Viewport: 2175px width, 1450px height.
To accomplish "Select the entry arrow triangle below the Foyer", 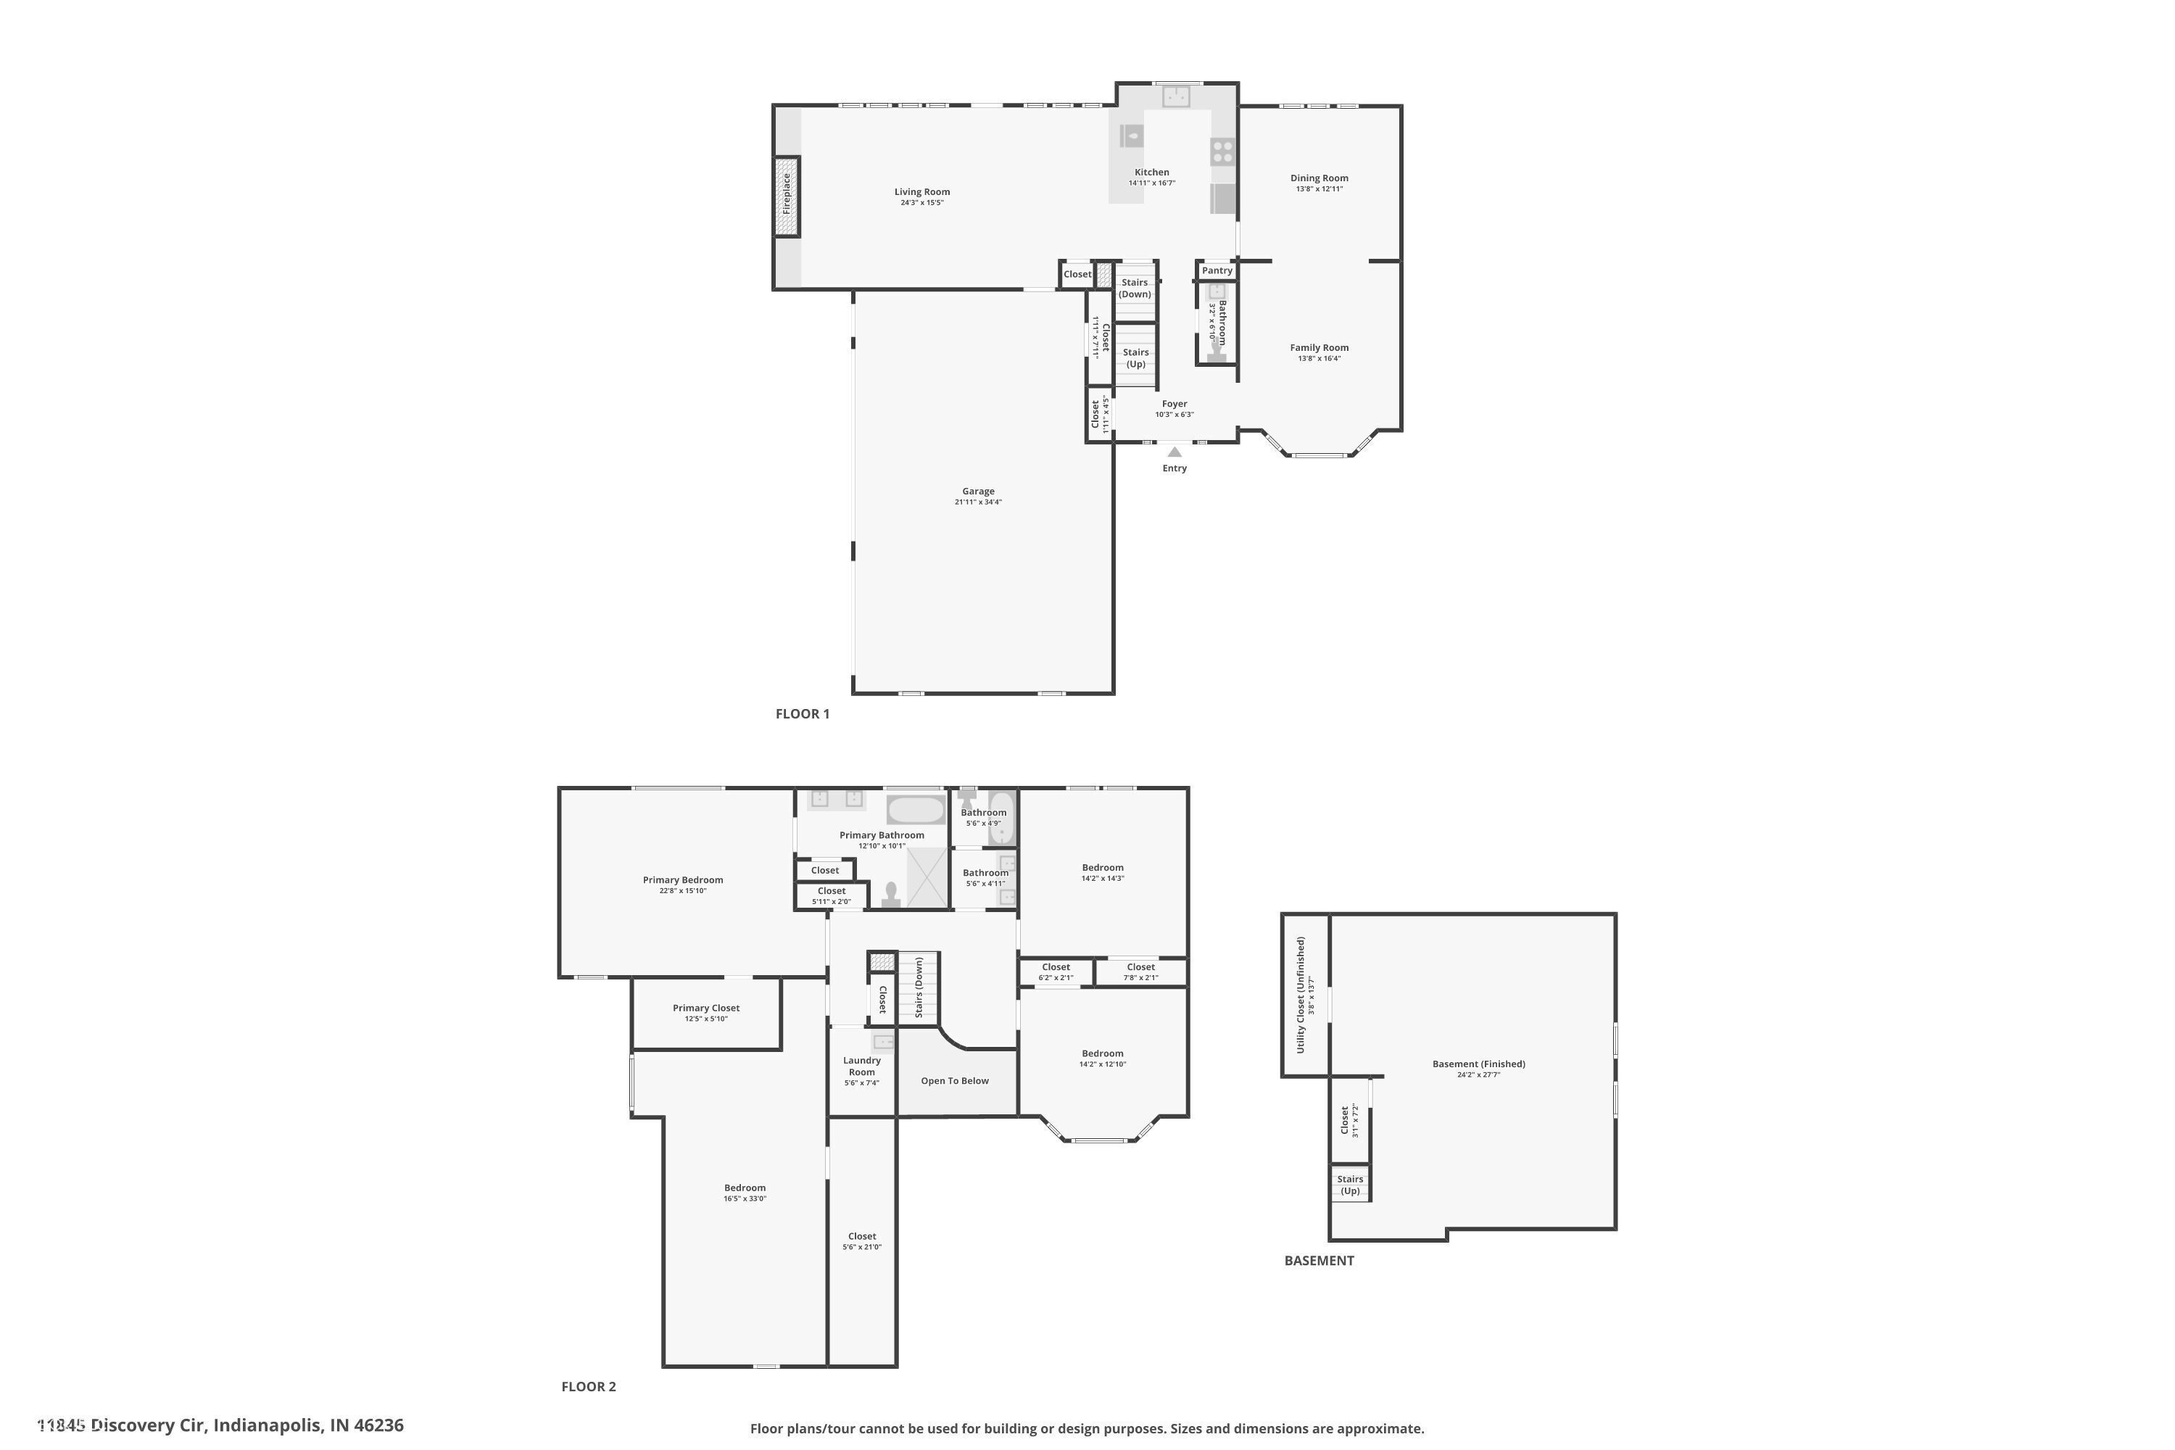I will (1174, 452).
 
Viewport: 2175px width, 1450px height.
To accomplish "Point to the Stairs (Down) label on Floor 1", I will (1135, 289).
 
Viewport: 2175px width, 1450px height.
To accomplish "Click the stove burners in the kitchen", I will (1222, 152).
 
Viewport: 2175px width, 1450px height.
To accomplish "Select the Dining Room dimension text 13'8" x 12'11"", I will (1319, 189).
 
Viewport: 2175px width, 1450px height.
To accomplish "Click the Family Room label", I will (1319, 348).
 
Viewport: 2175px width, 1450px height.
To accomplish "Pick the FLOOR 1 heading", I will (802, 714).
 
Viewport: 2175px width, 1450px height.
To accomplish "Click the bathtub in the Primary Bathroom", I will (916, 810).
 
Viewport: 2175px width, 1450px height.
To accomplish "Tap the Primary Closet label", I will (705, 1008).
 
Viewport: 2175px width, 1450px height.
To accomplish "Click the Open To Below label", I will (954, 1081).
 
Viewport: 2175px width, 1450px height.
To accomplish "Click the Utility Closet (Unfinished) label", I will (1300, 995).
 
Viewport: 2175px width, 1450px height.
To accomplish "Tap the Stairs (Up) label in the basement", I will (1349, 1185).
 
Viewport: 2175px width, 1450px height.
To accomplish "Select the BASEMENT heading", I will (1319, 1261).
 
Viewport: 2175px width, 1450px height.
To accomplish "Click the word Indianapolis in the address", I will (268, 1425).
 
